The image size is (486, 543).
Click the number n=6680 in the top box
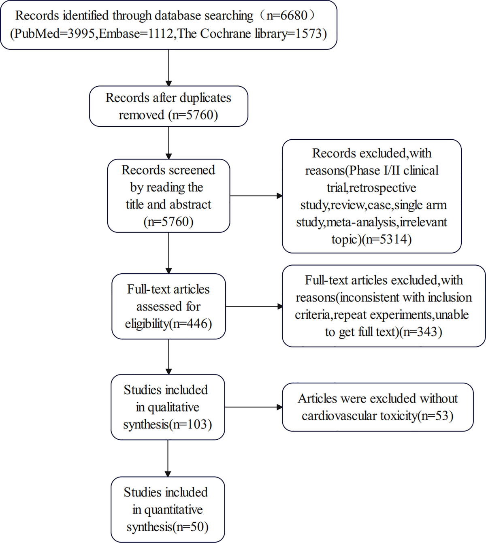click(287, 15)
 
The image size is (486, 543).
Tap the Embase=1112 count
click(136, 34)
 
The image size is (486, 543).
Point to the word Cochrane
click(226, 34)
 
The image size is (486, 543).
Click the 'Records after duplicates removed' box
click(168, 106)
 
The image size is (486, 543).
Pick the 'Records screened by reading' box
click(168, 196)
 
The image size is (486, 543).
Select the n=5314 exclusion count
click(386, 239)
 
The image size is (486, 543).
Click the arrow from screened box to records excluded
click(256, 196)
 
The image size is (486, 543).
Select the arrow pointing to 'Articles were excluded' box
click(253, 407)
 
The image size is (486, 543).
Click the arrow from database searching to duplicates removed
click(168, 68)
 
